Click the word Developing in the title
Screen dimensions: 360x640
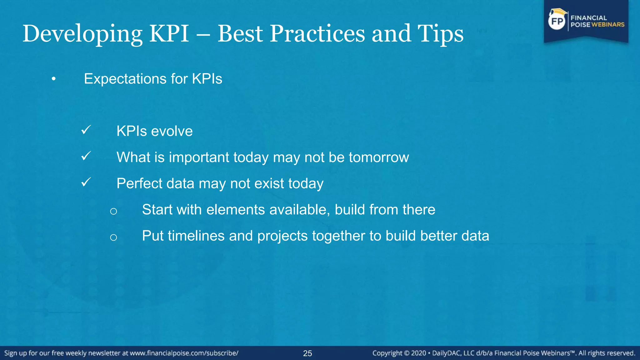(82, 34)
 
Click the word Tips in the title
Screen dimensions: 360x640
(440, 34)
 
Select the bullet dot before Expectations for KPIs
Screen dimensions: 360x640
(54, 79)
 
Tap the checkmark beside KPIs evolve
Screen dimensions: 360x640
(86, 130)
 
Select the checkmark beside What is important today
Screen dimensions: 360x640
(86, 156)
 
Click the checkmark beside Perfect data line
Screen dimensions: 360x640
(86, 182)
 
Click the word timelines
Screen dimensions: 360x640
(196, 236)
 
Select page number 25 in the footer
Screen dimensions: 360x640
(307, 353)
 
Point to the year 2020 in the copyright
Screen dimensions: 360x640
(418, 353)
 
